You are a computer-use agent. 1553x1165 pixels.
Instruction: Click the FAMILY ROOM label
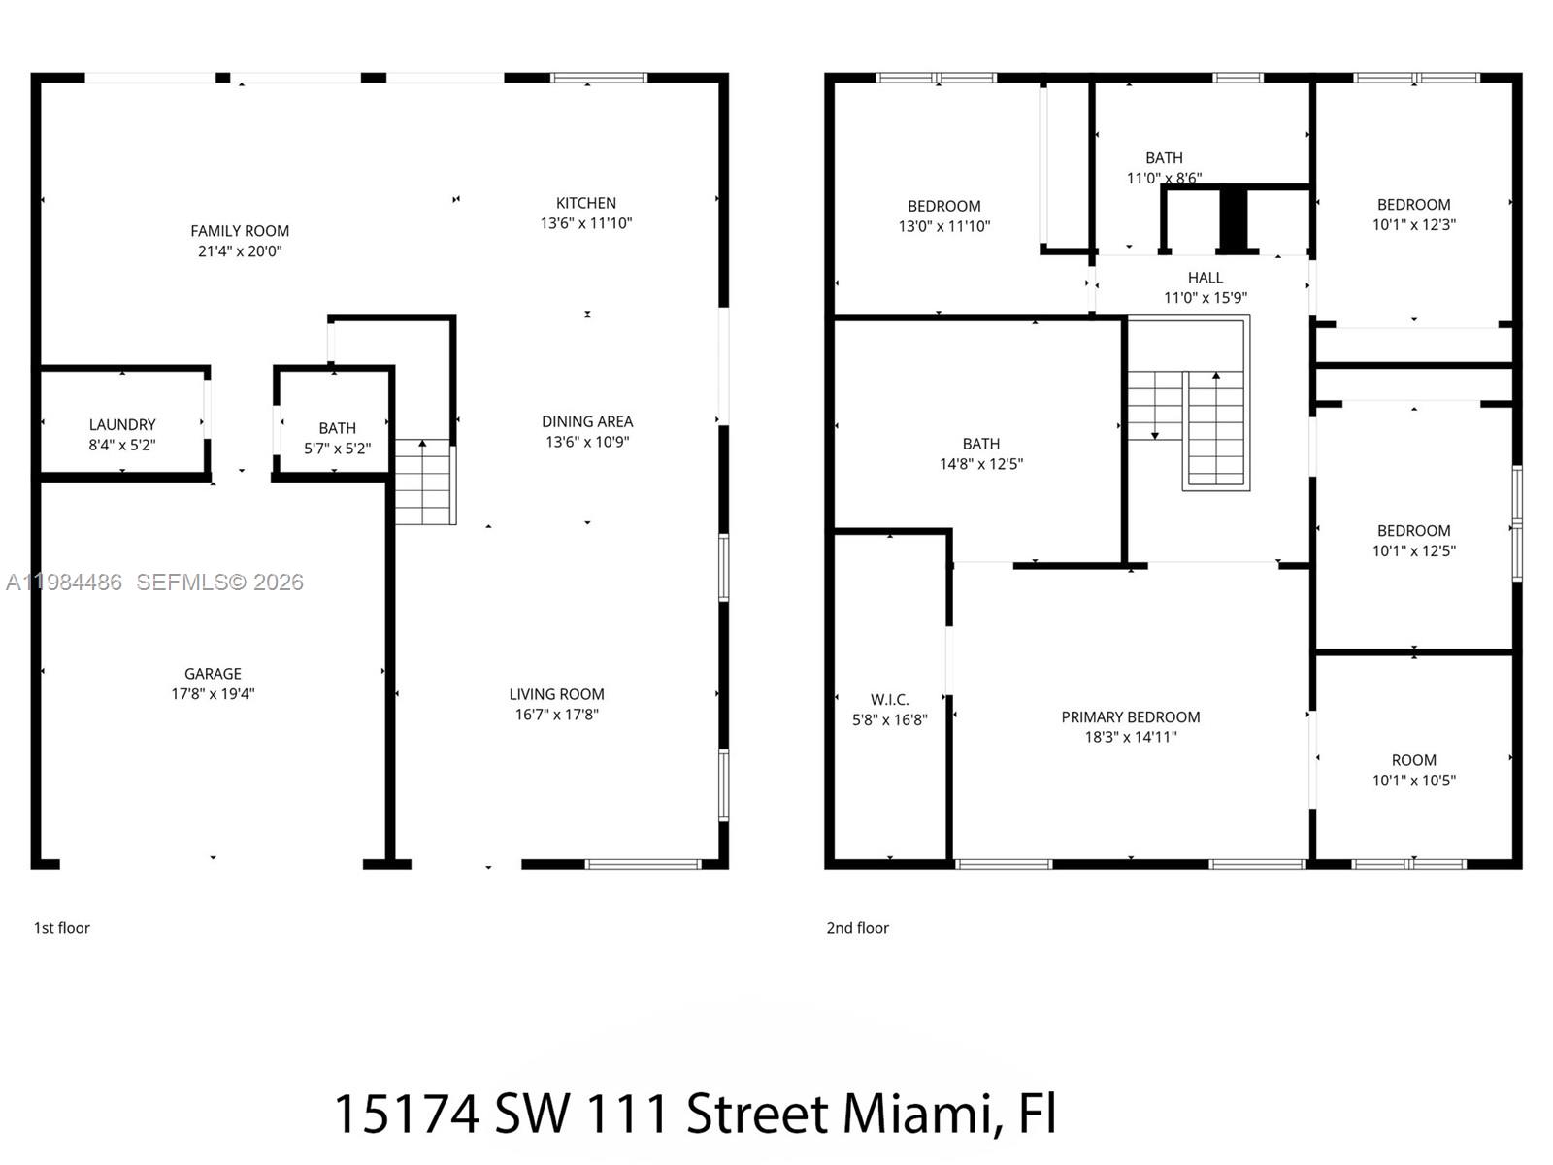pyautogui.click(x=240, y=231)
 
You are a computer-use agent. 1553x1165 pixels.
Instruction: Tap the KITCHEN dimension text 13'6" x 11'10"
pyautogui.click(x=586, y=223)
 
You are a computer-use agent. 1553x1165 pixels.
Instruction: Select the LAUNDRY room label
pyautogui.click(x=122, y=425)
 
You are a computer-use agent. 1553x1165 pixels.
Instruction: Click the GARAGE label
pyautogui.click(x=213, y=674)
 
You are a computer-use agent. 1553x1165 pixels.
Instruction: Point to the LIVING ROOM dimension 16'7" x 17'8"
pyautogui.click(x=556, y=715)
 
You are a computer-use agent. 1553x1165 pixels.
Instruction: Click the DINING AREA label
pyautogui.click(x=587, y=421)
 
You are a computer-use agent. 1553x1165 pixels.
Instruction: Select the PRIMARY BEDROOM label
pyautogui.click(x=1130, y=717)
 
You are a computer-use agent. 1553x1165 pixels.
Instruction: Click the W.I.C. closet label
pyautogui.click(x=889, y=700)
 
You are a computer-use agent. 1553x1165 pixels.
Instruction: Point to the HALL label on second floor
pyautogui.click(x=1205, y=278)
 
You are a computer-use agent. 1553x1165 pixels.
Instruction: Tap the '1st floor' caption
pyautogui.click(x=62, y=928)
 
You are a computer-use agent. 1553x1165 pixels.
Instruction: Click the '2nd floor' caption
pyautogui.click(x=857, y=928)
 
